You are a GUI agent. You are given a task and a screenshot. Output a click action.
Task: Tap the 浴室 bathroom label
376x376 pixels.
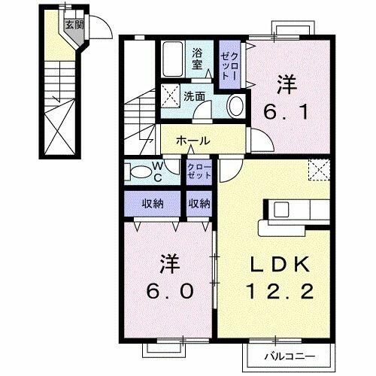point(197,59)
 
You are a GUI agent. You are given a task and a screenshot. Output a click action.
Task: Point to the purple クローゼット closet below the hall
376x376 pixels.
point(199,170)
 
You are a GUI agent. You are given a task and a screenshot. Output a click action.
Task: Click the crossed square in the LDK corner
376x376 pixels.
point(321,170)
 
